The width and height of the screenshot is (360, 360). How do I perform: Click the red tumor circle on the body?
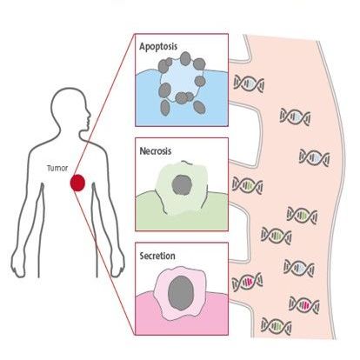pyautogui.click(x=77, y=183)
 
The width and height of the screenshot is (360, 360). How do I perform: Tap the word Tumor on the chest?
pyautogui.click(x=57, y=168)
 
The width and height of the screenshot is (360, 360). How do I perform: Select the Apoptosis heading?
pyautogui.click(x=158, y=47)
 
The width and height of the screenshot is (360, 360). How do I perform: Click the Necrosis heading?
pyautogui.click(x=156, y=151)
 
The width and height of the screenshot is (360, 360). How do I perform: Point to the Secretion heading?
pyautogui.click(x=157, y=256)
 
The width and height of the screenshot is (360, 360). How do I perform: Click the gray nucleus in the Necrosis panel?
pyautogui.click(x=182, y=184)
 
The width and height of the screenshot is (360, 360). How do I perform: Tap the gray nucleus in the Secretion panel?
pyautogui.click(x=181, y=293)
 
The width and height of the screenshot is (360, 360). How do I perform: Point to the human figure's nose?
pyautogui.click(x=89, y=116)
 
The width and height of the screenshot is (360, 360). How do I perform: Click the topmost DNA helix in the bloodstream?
pyautogui.click(x=249, y=83)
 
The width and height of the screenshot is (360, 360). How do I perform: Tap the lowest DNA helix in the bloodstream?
pyautogui.click(x=277, y=326)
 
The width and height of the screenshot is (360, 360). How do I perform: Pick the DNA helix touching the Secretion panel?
pyautogui.click(x=247, y=282)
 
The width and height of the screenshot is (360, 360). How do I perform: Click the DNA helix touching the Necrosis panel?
pyautogui.click(x=247, y=185)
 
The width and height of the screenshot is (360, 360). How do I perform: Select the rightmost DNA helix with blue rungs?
pyautogui.click(x=314, y=157)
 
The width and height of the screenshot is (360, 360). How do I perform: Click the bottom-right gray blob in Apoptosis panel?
pyautogui.click(x=199, y=107)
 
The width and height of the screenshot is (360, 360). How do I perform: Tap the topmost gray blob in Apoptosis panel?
pyautogui.click(x=185, y=58)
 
